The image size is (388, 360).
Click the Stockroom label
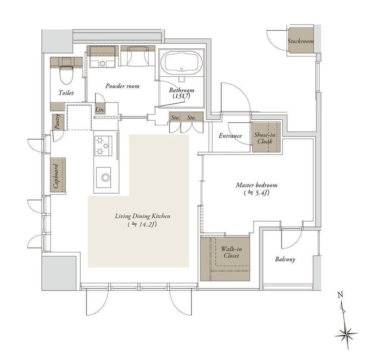[300, 41]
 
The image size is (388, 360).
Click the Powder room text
[122, 86]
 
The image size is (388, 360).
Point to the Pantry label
[57, 121]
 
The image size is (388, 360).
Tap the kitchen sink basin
[103, 177]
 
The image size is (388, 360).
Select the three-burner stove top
[103, 146]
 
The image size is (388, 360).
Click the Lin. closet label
[100, 109]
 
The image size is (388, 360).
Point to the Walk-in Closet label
[232, 252]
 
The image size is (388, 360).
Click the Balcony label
[285, 259]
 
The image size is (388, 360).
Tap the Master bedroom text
[257, 185]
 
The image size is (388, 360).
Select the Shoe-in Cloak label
[265, 138]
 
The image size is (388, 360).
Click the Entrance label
[230, 136]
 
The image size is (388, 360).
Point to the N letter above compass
[341, 295]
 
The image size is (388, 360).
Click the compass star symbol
[346, 335]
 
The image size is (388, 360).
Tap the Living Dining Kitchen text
[143, 216]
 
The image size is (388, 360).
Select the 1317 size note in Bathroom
[181, 96]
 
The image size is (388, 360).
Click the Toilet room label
[66, 93]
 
